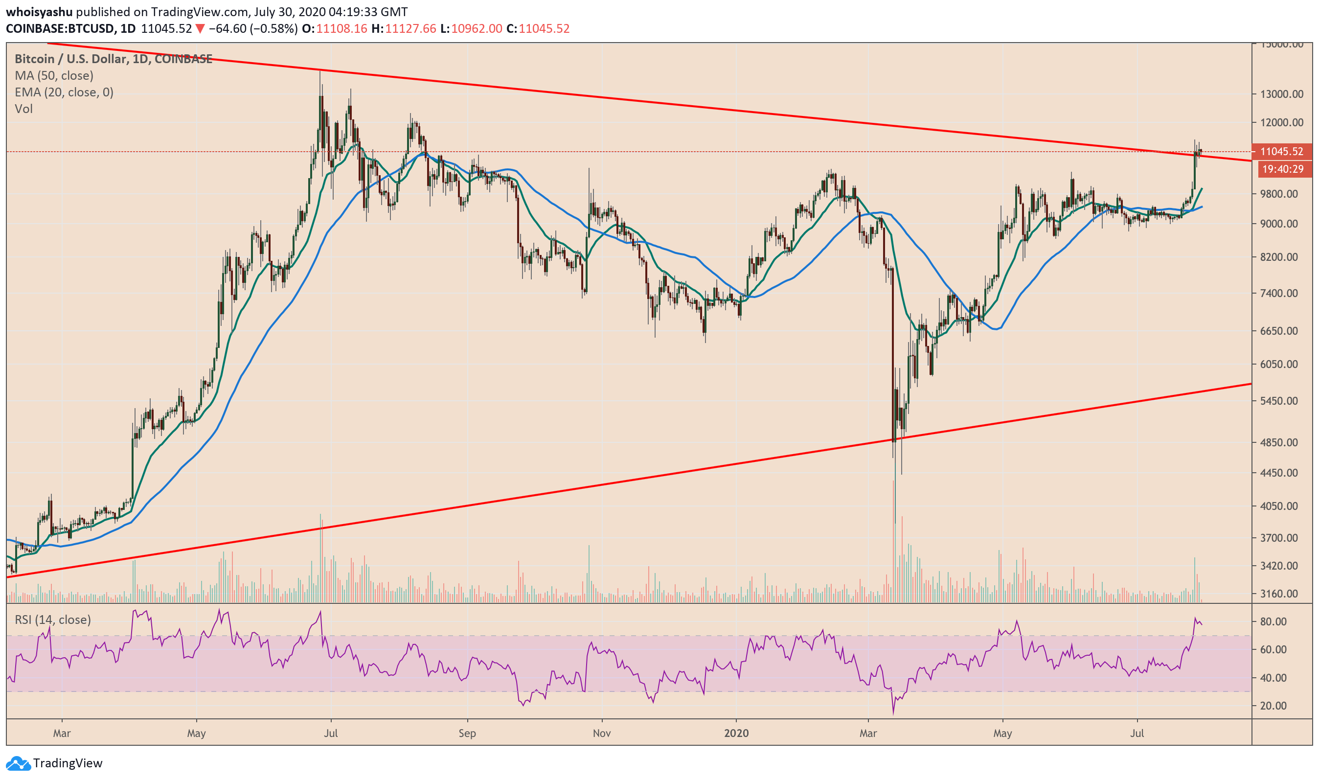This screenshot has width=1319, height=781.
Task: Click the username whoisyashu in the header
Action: point(39,12)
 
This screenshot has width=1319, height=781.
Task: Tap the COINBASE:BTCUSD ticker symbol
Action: point(60,28)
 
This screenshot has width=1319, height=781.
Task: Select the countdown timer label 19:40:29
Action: point(1283,169)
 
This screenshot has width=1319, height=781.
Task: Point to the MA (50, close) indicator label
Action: point(54,75)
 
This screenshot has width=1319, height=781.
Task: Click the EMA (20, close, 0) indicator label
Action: point(64,92)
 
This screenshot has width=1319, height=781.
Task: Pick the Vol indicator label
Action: point(23,109)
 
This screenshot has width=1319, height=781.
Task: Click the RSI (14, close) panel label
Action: point(53,620)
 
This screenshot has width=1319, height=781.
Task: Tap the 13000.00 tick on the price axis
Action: point(1282,94)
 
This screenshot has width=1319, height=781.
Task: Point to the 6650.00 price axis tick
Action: point(1279,331)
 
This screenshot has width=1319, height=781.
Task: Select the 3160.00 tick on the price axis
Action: point(1279,594)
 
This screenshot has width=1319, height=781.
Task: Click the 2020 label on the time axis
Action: point(736,733)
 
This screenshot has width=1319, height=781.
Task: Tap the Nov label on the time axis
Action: point(601,733)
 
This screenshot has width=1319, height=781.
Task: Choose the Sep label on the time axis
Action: point(467,733)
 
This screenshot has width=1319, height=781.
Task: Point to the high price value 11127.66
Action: point(410,28)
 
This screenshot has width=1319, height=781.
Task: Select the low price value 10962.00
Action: point(477,28)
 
